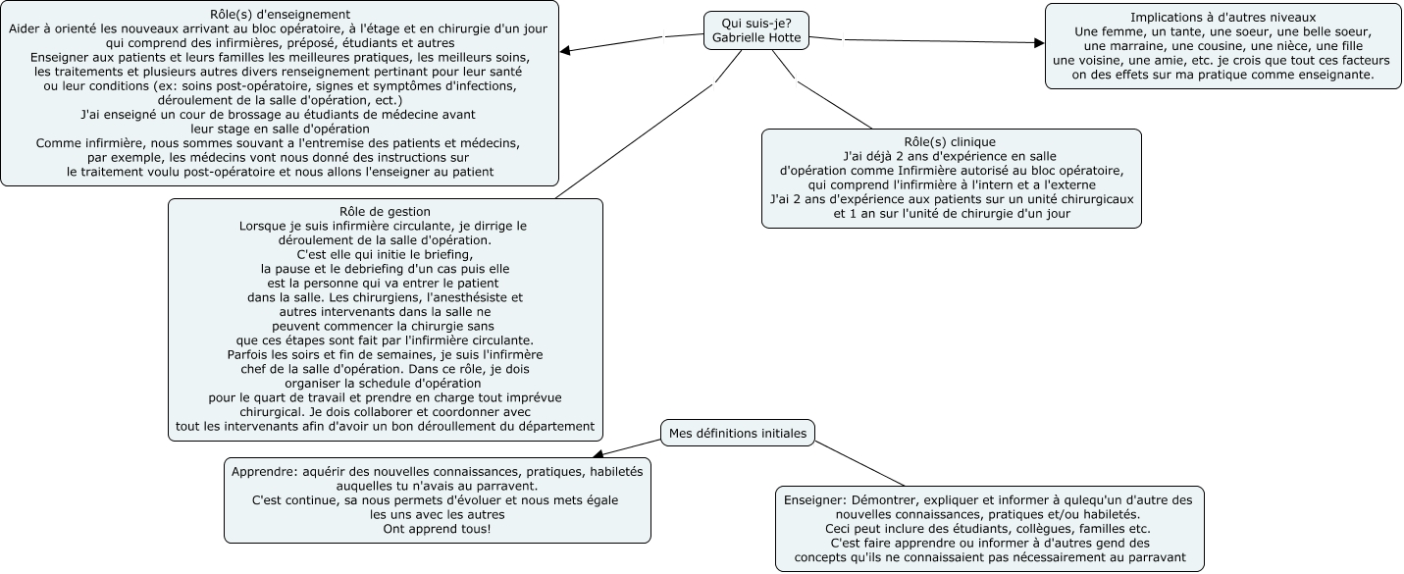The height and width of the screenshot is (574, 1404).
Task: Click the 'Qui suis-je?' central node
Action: click(x=756, y=23)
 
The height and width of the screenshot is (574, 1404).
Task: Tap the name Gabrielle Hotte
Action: click(x=757, y=38)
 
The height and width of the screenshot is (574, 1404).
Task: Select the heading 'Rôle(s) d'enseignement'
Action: click(x=281, y=15)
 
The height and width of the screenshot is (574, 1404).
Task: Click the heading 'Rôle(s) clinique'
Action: click(x=950, y=142)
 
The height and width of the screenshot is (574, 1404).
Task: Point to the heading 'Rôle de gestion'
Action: click(x=385, y=212)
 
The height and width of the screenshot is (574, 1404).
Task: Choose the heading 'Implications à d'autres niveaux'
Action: click(x=1222, y=18)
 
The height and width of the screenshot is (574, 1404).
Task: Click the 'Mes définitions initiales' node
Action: click(x=737, y=433)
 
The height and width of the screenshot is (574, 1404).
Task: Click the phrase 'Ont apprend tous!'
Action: click(x=437, y=529)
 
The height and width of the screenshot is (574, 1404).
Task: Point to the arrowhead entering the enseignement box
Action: click(x=565, y=50)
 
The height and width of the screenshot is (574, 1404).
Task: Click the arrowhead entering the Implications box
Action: click(x=1038, y=43)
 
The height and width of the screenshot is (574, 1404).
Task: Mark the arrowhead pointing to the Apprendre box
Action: click(x=598, y=454)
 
